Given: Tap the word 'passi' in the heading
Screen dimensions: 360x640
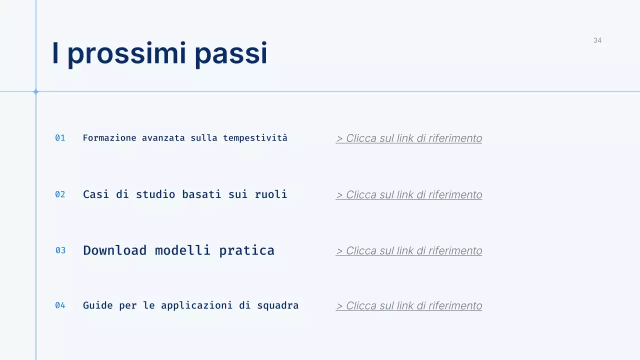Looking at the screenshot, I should (x=231, y=54).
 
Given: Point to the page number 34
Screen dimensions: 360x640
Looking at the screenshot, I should (x=597, y=40).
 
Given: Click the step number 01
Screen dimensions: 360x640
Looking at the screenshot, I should (x=60, y=138).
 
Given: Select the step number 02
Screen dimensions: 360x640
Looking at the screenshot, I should (x=60, y=194).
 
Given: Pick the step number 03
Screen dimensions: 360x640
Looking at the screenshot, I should (x=60, y=250).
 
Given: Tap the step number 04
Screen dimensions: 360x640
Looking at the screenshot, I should (x=60, y=305).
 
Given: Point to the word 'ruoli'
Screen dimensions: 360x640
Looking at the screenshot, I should (x=271, y=194).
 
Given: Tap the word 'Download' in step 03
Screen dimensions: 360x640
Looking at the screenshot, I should (x=115, y=250).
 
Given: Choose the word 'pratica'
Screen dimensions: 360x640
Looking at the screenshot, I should (x=246, y=250).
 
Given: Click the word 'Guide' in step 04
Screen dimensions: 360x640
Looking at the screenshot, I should (x=98, y=305).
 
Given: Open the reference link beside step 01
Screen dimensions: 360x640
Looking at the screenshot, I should (x=409, y=138).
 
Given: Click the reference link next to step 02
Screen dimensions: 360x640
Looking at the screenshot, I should (x=409, y=195).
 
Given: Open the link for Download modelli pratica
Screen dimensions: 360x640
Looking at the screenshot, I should (x=409, y=251).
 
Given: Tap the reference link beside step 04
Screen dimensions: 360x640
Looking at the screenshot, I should (x=409, y=306).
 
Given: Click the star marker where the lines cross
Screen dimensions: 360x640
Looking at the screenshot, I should (x=35, y=91).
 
